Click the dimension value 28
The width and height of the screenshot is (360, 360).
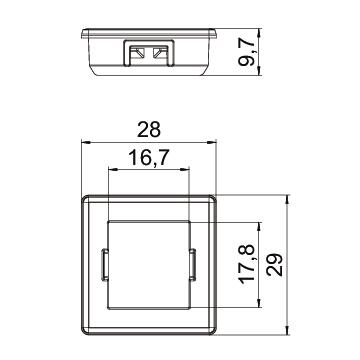click(x=149, y=130)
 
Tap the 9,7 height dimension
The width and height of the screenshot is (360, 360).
click(x=247, y=52)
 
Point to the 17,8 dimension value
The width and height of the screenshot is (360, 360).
click(x=247, y=264)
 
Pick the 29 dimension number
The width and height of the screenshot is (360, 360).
click(x=275, y=265)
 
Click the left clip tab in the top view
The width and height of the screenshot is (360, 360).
click(x=104, y=264)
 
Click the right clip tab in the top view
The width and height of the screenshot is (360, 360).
click(x=192, y=264)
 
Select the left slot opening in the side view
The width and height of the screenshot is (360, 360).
click(x=137, y=53)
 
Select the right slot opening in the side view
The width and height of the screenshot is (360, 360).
click(x=160, y=53)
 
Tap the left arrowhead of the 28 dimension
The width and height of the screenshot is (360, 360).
click(x=86, y=142)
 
